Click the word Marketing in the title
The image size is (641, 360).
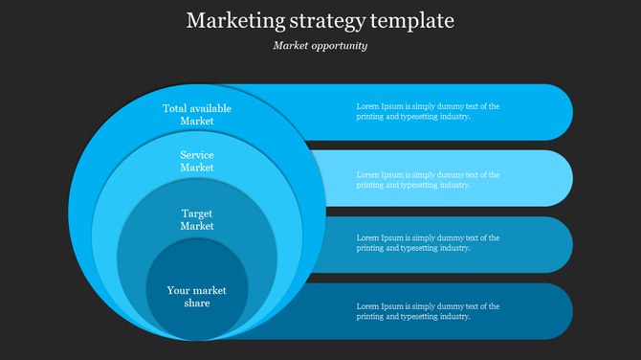(x=231, y=20)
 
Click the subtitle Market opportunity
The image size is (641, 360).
(x=320, y=45)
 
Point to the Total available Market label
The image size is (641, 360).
(x=197, y=115)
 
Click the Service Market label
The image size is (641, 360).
(x=197, y=161)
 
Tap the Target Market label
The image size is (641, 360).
(x=197, y=219)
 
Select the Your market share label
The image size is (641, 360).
(x=197, y=297)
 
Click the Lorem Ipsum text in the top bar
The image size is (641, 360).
(x=428, y=112)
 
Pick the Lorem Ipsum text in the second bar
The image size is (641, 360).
(x=428, y=180)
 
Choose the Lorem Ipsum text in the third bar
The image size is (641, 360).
(x=428, y=242)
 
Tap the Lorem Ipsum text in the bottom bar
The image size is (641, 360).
(x=428, y=311)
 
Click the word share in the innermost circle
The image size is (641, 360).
(x=197, y=304)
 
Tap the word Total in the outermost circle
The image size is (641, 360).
(x=174, y=108)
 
